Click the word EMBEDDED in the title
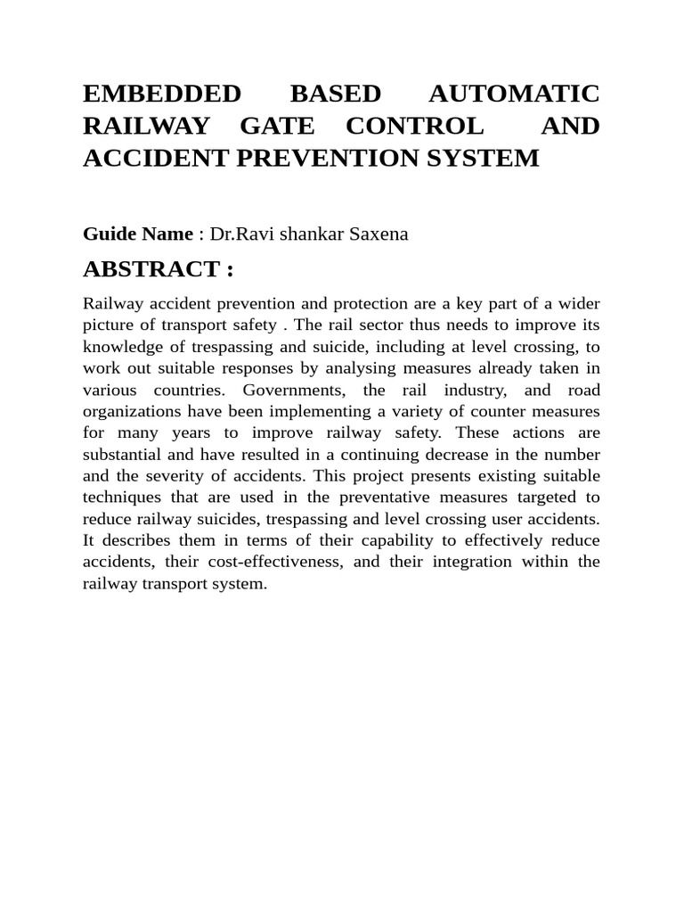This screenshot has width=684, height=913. click(x=162, y=95)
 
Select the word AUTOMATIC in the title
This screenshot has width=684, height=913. click(x=514, y=95)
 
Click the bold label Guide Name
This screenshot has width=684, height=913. click(x=137, y=234)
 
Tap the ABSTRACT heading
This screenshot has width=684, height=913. click(x=158, y=269)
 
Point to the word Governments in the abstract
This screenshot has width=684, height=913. click(x=291, y=390)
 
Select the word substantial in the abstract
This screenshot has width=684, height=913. click(x=121, y=454)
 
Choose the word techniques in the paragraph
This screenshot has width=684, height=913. click(x=119, y=497)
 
